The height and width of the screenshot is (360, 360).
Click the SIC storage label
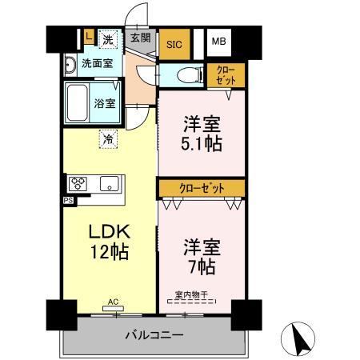coord(174,45)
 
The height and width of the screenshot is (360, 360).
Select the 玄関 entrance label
coord(140,37)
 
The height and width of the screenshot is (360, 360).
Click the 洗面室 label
coord(97,63)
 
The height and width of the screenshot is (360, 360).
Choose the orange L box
coord(87,36)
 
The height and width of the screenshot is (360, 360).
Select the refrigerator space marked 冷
coord(108,138)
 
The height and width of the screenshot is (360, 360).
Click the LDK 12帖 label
coord(110,240)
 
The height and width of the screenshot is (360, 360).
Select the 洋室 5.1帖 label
coord(201,135)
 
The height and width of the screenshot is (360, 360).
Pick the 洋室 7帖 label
coord(201,254)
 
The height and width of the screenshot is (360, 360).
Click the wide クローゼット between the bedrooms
coord(201,188)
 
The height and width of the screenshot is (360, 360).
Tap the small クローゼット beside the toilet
coord(226,76)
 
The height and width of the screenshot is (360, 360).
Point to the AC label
coord(113,302)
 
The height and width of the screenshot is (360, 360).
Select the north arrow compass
coord(301,338)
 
